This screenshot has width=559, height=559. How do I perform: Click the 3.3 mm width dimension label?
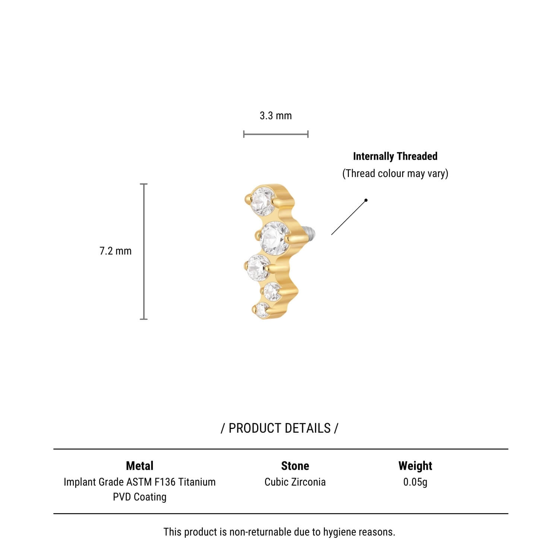pyautogui.click(x=276, y=116)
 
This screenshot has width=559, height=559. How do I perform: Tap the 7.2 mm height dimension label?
pyautogui.click(x=116, y=251)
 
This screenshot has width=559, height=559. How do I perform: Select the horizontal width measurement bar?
pyautogui.click(x=276, y=134)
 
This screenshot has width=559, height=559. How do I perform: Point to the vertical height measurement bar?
pyautogui.click(x=144, y=252)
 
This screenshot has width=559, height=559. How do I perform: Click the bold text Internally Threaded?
pyautogui.click(x=395, y=156)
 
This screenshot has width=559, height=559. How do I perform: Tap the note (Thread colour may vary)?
pyautogui.click(x=395, y=173)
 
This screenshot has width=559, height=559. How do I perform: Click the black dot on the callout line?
pyautogui.click(x=366, y=200)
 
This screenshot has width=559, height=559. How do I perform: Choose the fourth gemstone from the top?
pyautogui.click(x=273, y=291)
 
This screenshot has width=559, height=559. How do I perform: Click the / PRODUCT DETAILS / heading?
pyautogui.click(x=279, y=428)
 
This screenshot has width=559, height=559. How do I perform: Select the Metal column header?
pyautogui.click(x=140, y=466)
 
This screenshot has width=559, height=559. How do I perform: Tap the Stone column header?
pyautogui.click(x=295, y=466)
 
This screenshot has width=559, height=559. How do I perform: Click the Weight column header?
pyautogui.click(x=415, y=466)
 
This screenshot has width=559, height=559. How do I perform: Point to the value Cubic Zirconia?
pyautogui.click(x=295, y=482)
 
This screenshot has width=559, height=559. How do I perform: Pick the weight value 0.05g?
pyautogui.click(x=415, y=482)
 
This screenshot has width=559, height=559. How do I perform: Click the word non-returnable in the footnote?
pyautogui.click(x=260, y=532)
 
